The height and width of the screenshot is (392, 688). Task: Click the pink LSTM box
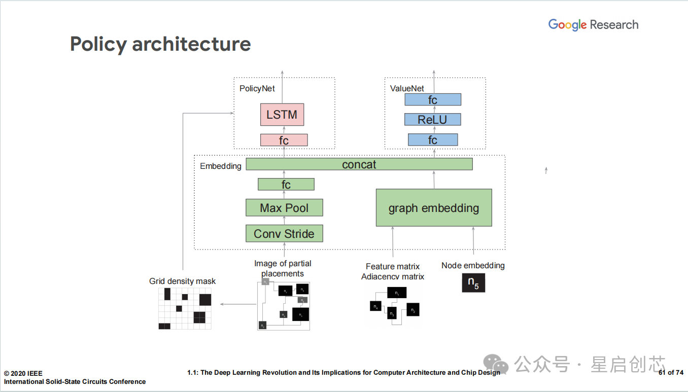282,115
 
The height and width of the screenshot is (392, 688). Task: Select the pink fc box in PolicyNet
284,140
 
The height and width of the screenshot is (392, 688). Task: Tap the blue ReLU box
432,120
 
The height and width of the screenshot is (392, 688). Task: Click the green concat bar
359,164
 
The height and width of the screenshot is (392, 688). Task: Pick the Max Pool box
284,208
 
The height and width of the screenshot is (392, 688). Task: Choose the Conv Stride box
284,234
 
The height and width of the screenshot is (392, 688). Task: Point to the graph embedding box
434,208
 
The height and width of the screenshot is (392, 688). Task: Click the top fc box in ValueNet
432,100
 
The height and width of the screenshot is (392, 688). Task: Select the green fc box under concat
286,185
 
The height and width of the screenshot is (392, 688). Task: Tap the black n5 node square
473,282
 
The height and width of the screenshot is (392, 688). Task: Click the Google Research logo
593,24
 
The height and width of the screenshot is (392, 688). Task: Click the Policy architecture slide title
160,44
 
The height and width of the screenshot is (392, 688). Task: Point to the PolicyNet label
257,88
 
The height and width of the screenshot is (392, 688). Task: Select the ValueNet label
407,88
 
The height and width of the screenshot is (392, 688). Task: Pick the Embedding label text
221,166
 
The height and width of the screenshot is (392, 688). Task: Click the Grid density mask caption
182,281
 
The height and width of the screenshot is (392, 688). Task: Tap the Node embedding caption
473,265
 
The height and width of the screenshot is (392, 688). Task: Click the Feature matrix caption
393,266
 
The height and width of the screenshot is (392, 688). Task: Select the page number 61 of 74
671,373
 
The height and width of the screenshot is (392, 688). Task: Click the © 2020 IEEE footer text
23,373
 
